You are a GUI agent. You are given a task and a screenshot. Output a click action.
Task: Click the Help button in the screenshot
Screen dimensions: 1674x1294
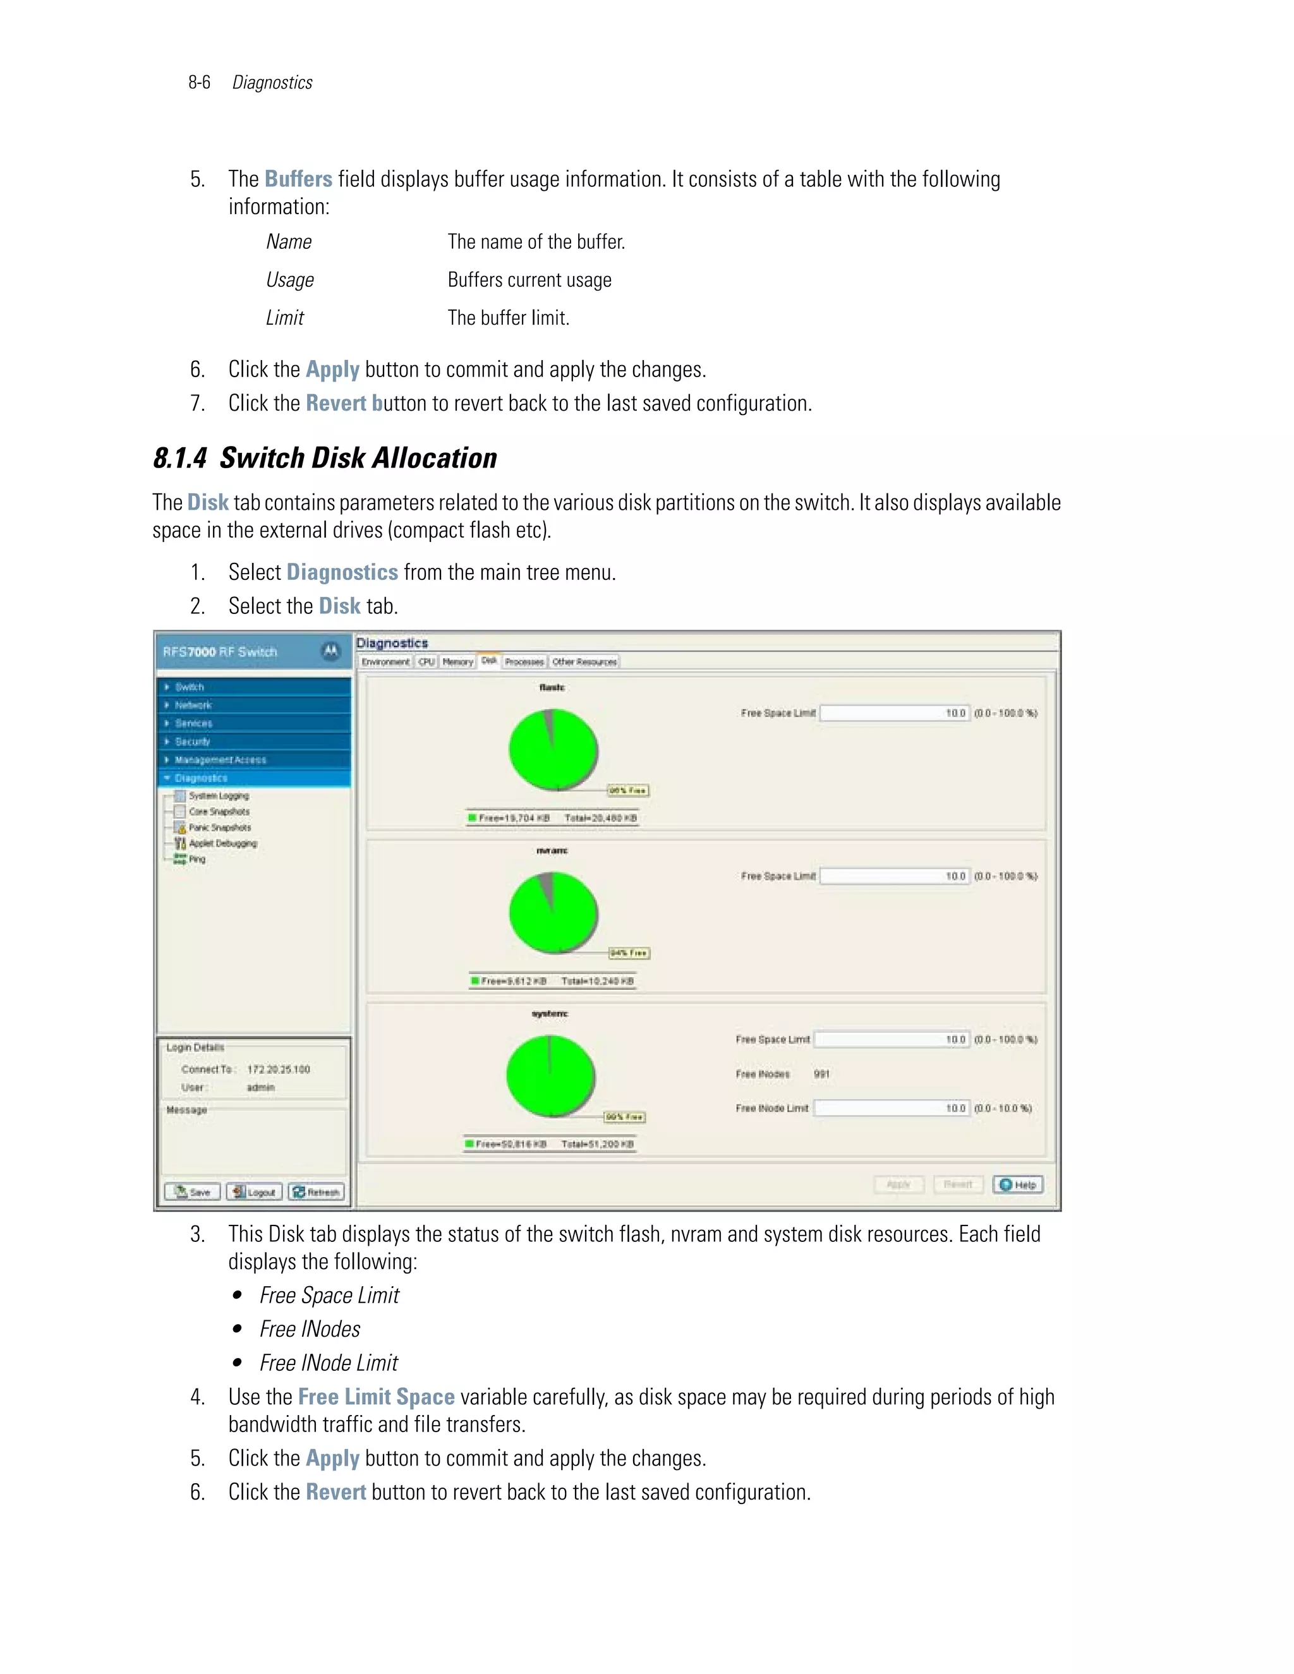tap(1017, 1184)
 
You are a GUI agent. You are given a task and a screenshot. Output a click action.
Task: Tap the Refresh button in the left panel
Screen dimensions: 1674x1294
tap(317, 1192)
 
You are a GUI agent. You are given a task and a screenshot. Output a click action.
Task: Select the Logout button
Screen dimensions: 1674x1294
tap(255, 1192)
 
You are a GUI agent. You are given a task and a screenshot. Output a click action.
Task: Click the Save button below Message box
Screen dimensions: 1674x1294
tap(193, 1192)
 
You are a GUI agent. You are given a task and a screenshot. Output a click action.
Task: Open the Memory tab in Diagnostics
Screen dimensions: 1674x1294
tap(457, 661)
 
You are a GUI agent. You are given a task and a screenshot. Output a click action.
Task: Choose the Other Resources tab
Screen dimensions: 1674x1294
tap(584, 661)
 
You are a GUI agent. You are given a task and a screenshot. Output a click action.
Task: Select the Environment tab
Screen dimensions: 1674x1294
tap(385, 661)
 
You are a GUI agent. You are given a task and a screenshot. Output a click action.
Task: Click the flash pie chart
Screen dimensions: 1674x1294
tap(553, 749)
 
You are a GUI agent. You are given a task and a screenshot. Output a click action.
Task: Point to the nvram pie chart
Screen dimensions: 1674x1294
tap(553, 912)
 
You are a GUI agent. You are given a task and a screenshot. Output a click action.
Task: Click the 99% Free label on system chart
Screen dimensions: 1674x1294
tap(624, 1117)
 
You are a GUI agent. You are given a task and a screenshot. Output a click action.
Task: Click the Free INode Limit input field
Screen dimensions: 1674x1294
tap(891, 1109)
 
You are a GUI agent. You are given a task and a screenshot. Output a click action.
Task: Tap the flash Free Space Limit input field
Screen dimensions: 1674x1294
tap(894, 713)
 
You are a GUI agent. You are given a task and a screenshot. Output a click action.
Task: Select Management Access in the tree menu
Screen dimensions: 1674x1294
tap(220, 759)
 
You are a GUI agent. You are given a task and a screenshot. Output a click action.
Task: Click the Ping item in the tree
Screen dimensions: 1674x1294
tap(197, 859)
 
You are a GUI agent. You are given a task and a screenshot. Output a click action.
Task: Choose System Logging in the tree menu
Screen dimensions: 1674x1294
tap(219, 795)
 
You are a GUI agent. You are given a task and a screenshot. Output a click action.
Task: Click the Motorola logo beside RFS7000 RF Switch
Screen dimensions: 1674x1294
tap(330, 651)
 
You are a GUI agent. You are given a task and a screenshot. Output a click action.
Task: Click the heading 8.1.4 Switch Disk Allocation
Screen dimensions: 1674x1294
tap(325, 459)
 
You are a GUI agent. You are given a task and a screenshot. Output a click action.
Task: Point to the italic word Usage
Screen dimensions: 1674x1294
tap(290, 280)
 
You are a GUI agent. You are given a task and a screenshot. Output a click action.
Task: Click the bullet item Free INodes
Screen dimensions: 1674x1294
tap(310, 1329)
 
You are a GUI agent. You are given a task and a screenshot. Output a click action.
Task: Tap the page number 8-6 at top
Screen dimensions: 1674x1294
tap(199, 83)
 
